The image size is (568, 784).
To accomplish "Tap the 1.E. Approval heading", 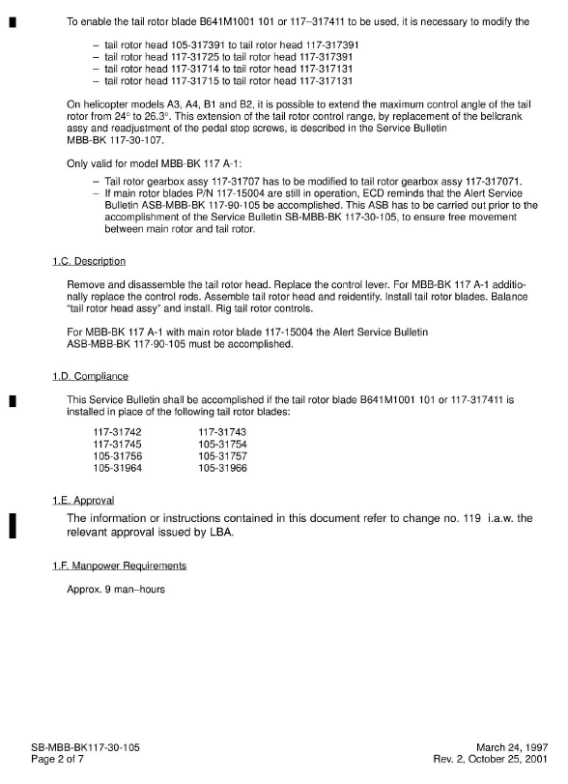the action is pos(83,500).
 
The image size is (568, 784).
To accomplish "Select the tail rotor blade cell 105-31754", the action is pos(222,444).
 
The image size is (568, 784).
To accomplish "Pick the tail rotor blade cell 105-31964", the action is pos(117,468).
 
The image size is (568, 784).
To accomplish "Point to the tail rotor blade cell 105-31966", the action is pos(222,468).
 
